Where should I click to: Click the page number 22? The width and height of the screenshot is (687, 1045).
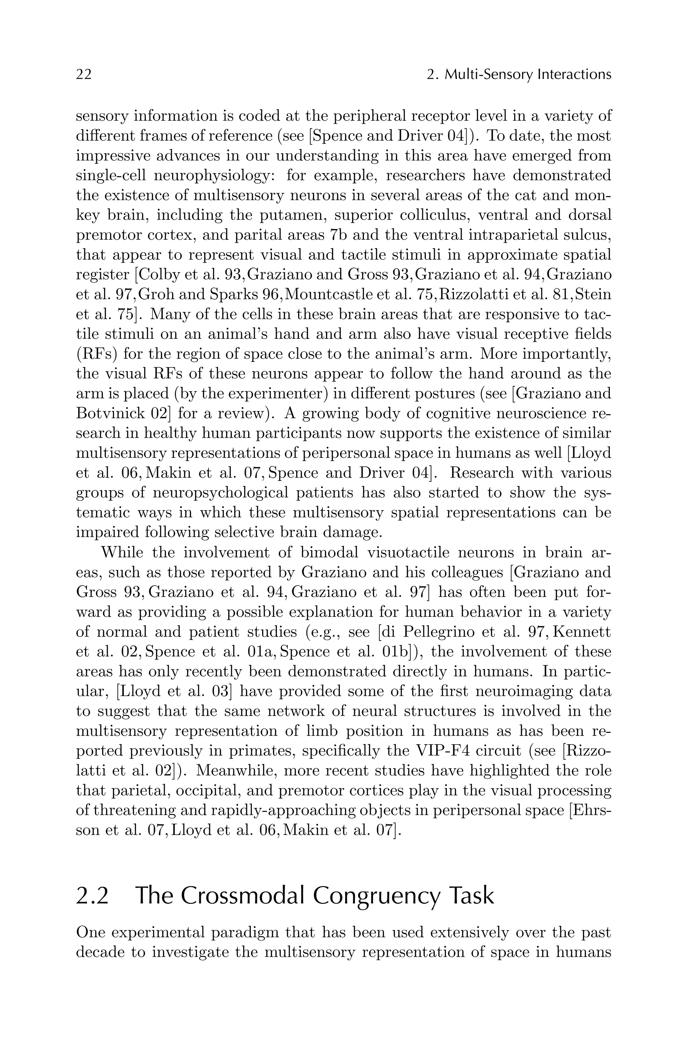pos(84,75)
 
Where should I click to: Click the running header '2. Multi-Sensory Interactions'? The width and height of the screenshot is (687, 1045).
pos(519,75)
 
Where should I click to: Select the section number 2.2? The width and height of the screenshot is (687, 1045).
pos(92,896)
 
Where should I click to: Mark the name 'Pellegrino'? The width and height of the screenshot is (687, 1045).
pos(439,632)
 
